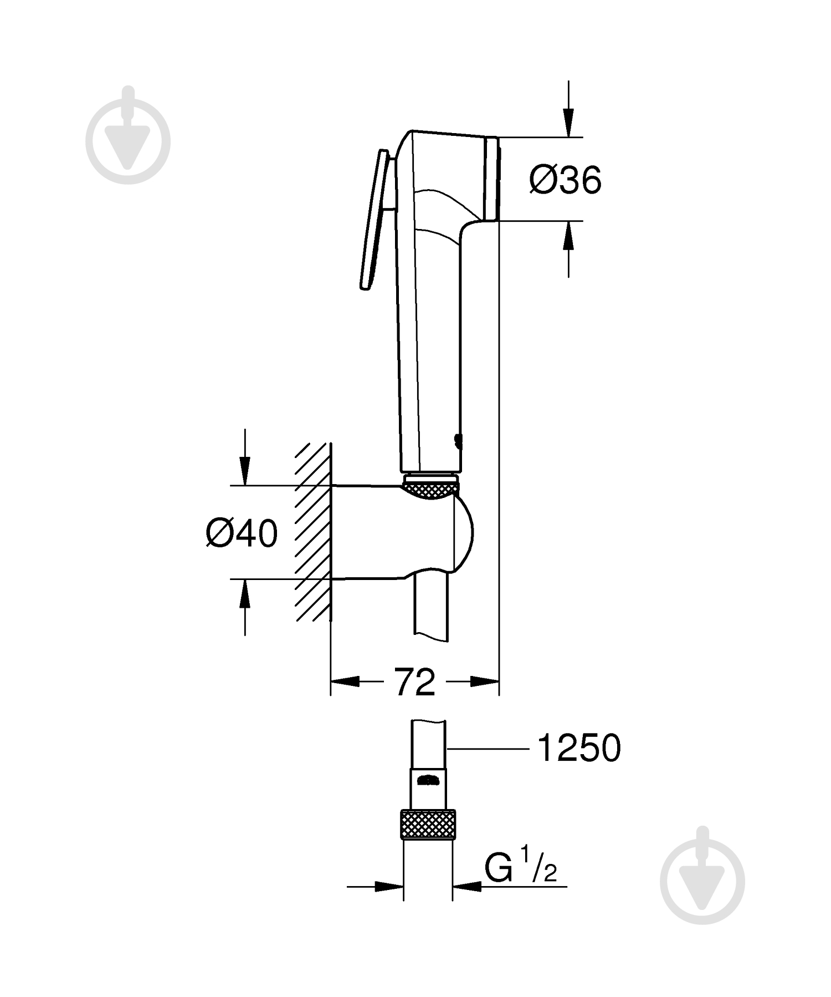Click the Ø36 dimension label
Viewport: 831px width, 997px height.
coord(565,180)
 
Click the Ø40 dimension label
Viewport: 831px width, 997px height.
coord(242,534)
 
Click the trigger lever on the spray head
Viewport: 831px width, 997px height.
coord(377,220)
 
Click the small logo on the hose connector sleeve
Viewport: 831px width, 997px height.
coord(428,781)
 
